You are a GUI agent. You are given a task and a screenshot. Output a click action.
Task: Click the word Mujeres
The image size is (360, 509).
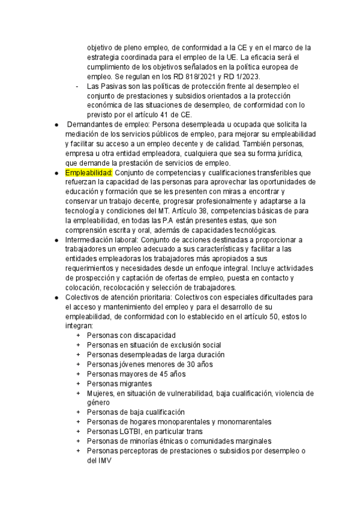click(101, 393)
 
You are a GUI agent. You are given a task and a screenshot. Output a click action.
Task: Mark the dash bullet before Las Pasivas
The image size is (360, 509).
click(78, 86)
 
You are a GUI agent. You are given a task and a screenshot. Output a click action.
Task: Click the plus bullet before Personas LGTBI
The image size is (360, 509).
click(78, 431)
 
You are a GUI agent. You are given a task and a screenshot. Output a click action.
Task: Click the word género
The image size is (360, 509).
click(98, 402)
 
